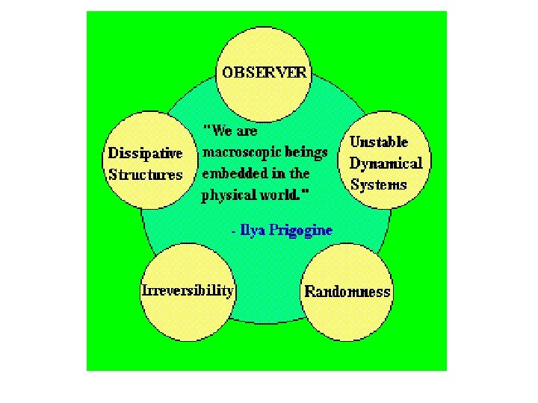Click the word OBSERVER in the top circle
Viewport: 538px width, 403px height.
[264, 72]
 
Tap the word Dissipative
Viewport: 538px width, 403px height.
[145, 153]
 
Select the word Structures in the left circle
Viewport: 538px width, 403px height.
[145, 175]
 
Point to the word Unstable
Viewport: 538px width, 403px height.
[379, 141]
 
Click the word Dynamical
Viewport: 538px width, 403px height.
[386, 163]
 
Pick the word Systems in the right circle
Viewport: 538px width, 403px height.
[378, 184]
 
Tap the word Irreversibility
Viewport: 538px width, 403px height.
[188, 290]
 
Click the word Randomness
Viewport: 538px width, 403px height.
[347, 292]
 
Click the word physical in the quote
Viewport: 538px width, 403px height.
[222, 196]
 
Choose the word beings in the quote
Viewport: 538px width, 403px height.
[306, 152]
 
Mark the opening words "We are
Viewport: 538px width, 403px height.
[231, 131]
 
